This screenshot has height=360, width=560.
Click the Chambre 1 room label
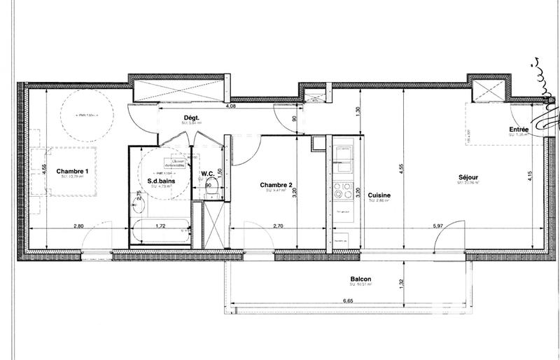(x=73, y=171)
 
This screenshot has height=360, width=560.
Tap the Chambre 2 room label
(x=276, y=185)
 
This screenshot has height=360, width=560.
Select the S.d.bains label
(x=160, y=180)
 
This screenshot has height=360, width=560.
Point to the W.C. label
(x=207, y=174)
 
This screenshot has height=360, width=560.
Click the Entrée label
(x=519, y=130)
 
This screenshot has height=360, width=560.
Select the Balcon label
(x=361, y=279)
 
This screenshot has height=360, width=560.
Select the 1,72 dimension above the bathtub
(x=160, y=226)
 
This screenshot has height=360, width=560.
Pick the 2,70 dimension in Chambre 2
(x=277, y=226)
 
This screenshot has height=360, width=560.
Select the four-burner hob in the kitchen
(x=344, y=189)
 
